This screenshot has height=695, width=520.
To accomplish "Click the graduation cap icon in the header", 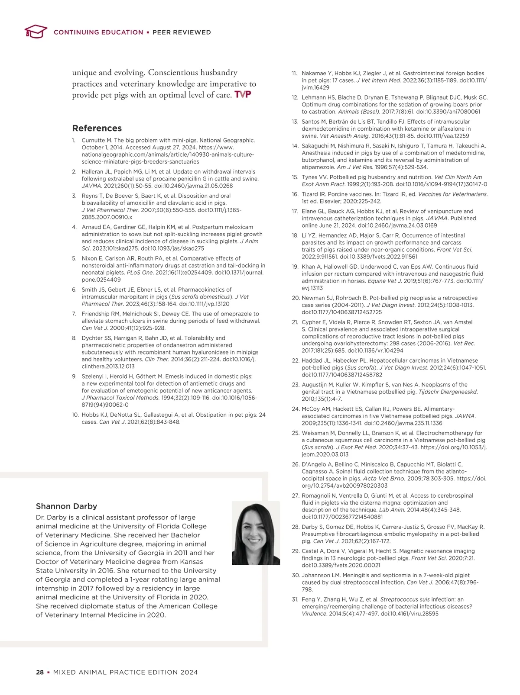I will click(36, 32).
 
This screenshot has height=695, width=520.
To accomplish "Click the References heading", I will click(97, 128).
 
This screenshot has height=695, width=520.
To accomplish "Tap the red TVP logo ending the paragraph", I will click(243, 95).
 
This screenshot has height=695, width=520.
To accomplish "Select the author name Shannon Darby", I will click(66, 506).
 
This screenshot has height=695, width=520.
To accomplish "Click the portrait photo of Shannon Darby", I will click(256, 533).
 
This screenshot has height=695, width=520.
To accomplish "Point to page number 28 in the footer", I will click(40, 672).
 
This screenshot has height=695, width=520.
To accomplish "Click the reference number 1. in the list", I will click(74, 140).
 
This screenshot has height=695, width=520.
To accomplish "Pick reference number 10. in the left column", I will click(75, 415).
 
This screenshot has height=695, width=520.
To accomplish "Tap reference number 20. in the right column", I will click(296, 298).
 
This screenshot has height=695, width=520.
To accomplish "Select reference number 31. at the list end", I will click(296, 599).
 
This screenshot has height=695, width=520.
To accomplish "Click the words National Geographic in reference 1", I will click(233, 140).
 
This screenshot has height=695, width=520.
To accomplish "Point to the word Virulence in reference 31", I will click(313, 614).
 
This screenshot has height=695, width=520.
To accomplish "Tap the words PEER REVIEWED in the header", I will click(182, 32).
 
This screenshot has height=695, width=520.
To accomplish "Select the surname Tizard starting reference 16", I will click(310, 194).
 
